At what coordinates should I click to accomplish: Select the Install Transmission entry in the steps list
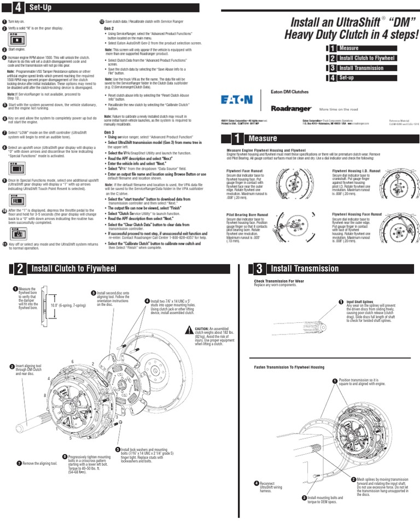[x=361, y=68]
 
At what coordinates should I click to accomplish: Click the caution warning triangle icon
[x=190, y=329]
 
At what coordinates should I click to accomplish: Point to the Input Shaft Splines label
[x=359, y=302]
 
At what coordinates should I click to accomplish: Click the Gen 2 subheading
[x=109, y=27]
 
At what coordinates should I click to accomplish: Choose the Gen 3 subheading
[x=109, y=132]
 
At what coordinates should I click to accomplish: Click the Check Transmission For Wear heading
[x=279, y=281]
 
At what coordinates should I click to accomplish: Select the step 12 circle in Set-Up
[x=102, y=21]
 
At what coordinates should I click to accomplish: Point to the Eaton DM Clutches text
[x=289, y=92]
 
